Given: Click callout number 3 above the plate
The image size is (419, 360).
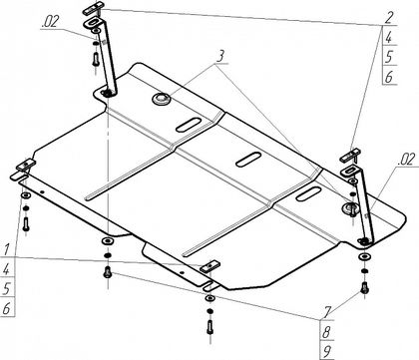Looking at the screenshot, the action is click(x=219, y=57).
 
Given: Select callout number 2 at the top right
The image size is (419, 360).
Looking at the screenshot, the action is click(x=388, y=18).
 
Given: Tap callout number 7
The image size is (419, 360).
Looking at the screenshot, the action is click(x=327, y=312).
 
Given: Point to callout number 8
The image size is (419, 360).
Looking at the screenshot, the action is click(x=327, y=331).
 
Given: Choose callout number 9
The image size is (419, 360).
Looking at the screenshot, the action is click(x=327, y=351).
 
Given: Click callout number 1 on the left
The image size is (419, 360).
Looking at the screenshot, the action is click(x=7, y=250).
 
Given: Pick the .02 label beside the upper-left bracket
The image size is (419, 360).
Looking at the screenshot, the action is click(x=50, y=22).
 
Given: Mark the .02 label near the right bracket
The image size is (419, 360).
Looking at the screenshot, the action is click(x=406, y=160).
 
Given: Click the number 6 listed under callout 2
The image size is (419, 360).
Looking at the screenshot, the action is click(x=388, y=77).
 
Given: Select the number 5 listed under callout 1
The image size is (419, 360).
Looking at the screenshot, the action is click(x=7, y=289).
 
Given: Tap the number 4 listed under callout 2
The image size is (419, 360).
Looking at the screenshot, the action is click(x=388, y=38).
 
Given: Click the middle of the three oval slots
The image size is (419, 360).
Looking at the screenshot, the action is click(x=248, y=160).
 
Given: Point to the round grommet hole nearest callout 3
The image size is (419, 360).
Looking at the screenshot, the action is click(x=161, y=99).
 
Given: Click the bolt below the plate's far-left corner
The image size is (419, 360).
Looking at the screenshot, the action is click(x=26, y=223).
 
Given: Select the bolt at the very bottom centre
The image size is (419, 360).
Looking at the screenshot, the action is click(x=209, y=326).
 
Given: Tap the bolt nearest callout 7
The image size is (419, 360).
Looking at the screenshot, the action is click(x=364, y=287).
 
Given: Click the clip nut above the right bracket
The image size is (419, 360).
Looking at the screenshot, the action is click(x=350, y=156).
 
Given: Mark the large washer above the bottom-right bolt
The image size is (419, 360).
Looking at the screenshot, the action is click(x=365, y=256).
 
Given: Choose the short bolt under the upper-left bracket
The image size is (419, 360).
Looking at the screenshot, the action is click(x=95, y=60).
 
